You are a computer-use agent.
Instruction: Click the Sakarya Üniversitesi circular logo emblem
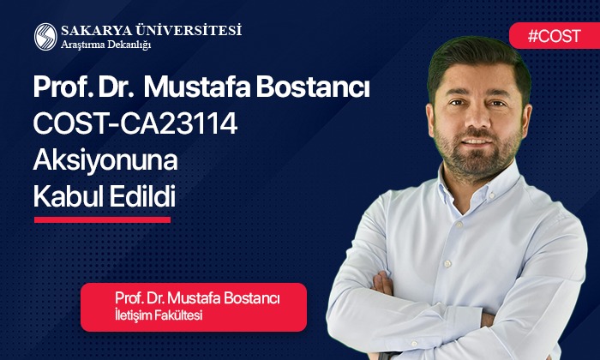coord(45,36)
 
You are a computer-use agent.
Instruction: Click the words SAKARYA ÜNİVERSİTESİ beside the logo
coord(151,30)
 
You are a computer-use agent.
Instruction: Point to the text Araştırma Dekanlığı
coord(105,45)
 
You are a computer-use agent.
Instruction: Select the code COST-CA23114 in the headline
coord(135,124)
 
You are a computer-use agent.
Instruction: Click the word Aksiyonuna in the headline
coord(99,160)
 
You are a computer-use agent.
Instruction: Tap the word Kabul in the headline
coord(69,197)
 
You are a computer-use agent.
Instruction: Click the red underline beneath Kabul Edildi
coord(102,219)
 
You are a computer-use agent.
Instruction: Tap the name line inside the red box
coord(198,297)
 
